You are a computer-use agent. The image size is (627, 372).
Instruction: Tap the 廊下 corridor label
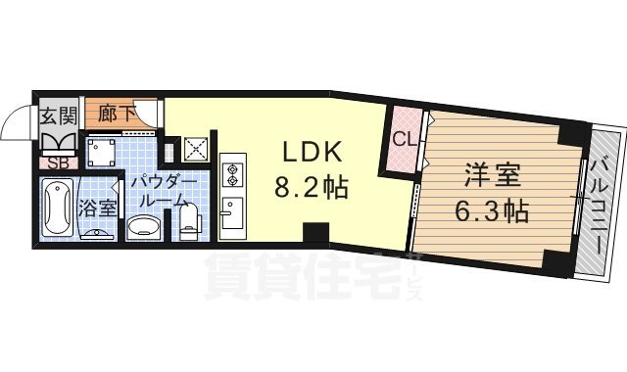110,114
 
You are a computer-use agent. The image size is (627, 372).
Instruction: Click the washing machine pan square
102,154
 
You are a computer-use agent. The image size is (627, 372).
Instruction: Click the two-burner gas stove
233,174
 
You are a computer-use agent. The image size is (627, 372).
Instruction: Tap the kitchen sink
232,211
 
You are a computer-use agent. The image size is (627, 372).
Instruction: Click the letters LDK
312,153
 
